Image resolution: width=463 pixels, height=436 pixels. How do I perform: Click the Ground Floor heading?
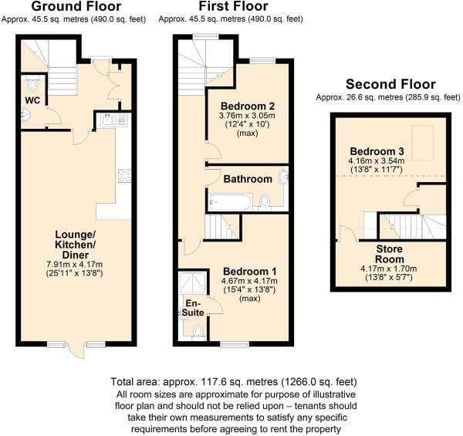pyautogui.click(x=76, y=6)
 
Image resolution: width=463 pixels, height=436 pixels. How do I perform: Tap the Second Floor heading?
pyautogui.click(x=390, y=84)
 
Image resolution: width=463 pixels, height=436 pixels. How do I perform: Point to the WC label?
pyautogui.click(x=32, y=100)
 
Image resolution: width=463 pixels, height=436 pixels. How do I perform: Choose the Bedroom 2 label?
pyautogui.click(x=248, y=106)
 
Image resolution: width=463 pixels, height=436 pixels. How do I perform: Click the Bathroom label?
pyautogui.click(x=248, y=179)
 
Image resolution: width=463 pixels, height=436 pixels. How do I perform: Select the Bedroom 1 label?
pyautogui.click(x=249, y=272)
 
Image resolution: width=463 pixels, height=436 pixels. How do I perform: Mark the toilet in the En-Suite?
pyautogui.click(x=198, y=332)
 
